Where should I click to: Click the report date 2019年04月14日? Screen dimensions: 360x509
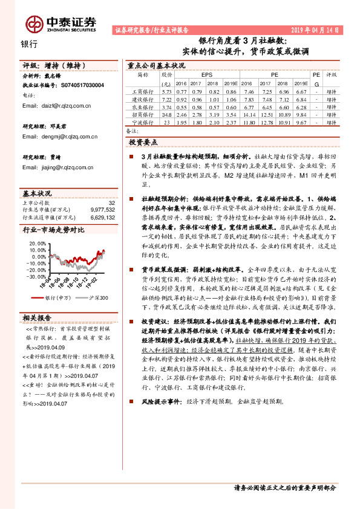[x=316, y=29]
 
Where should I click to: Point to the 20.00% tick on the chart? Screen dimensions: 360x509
[x=38, y=243]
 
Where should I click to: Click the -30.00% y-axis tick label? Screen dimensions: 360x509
[x=36, y=276]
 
